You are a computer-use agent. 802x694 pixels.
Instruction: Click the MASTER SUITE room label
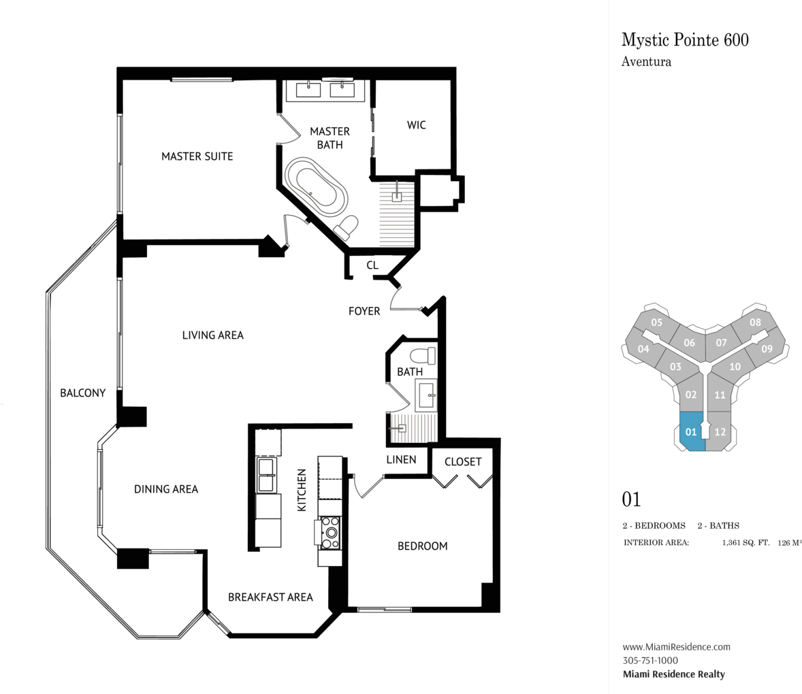pos(197,156)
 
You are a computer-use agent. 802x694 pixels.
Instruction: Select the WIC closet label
pos(417,125)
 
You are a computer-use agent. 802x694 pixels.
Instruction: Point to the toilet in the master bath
pos(346,227)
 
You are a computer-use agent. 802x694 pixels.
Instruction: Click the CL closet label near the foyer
pos(372,265)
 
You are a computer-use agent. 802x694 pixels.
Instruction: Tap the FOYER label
pos(364,311)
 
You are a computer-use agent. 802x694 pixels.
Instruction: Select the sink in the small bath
pos(426,395)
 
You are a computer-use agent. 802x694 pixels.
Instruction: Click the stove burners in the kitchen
pos(330,532)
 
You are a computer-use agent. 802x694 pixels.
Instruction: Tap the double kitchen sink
pos(266,475)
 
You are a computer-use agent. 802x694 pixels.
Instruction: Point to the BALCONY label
pos(83,393)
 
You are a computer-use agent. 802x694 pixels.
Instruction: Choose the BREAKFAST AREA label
pos(270,597)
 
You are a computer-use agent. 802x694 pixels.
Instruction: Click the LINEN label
pos(402,459)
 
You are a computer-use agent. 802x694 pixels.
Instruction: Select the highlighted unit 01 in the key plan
pos(692,430)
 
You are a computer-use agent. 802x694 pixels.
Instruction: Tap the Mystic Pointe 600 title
pos(686,40)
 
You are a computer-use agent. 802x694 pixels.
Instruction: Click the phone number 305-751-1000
pos(651,660)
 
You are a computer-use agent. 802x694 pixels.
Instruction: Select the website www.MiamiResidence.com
pos(677,646)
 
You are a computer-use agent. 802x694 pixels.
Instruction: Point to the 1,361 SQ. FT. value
pos(745,543)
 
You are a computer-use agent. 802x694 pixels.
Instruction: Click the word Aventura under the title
pos(647,62)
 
